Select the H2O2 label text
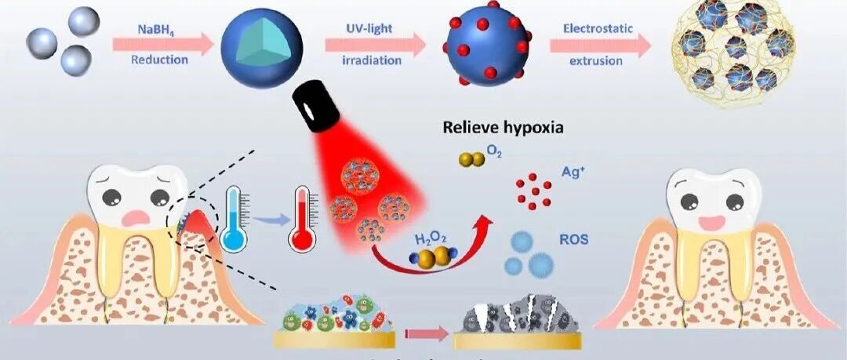(x=427, y=238)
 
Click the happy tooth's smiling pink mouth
(x=714, y=222)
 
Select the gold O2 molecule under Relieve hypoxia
(x=471, y=159)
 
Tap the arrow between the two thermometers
(x=266, y=223)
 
